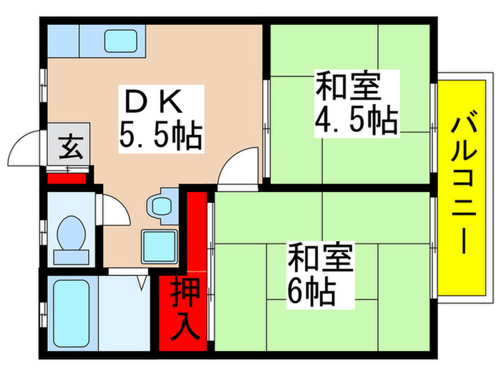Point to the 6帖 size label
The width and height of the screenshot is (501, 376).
(311, 290)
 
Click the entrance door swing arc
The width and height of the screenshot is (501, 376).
(25, 148)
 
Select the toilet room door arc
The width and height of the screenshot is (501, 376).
(111, 208)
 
